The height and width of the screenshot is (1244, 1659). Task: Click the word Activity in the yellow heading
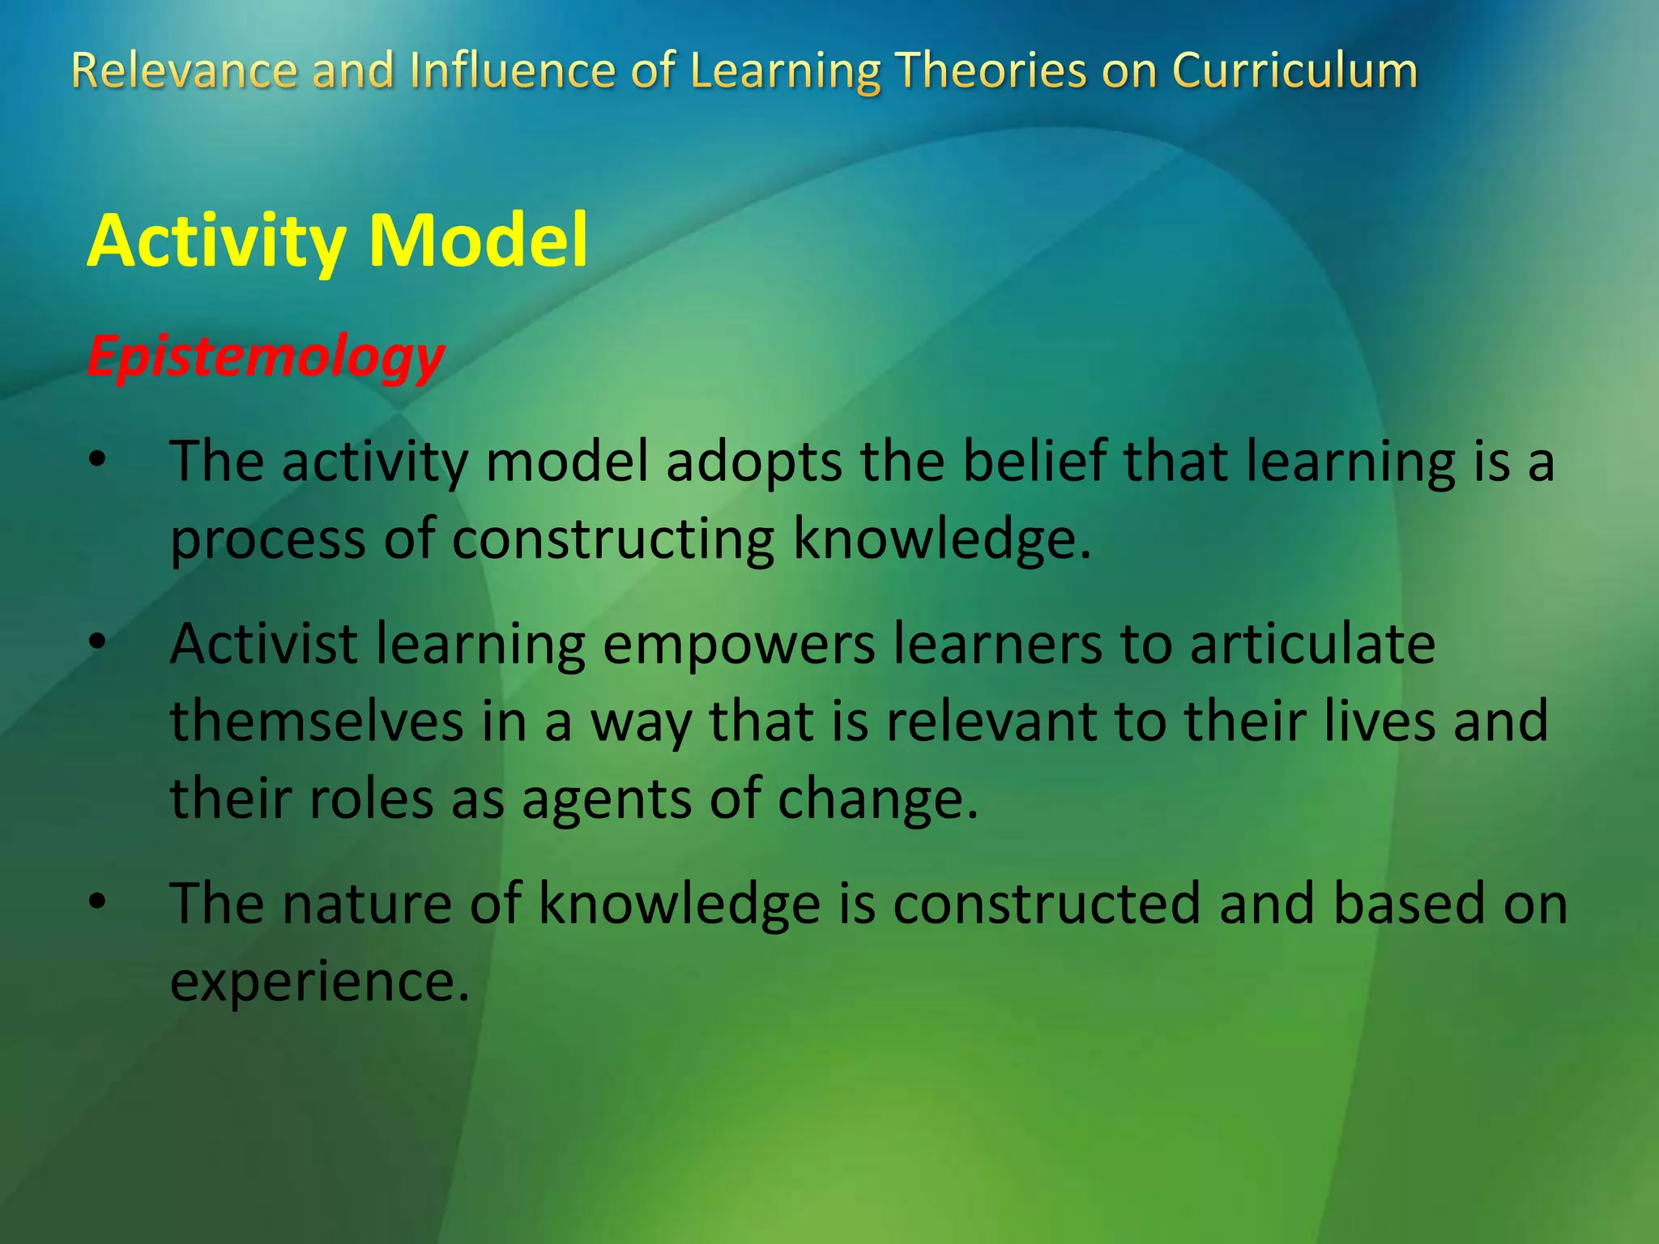[x=216, y=241]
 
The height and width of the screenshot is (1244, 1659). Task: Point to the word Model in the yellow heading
[x=478, y=241]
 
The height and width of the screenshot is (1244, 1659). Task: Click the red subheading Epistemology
[x=266, y=356]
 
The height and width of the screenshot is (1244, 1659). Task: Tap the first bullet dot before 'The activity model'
[x=98, y=460]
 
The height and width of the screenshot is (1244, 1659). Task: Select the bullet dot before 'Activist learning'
[x=98, y=642]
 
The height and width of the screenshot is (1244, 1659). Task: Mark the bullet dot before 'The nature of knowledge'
[x=98, y=901]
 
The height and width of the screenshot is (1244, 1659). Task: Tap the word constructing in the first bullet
[x=612, y=539]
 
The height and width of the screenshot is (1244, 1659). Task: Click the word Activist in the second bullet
[x=263, y=643]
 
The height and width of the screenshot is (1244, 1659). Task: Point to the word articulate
[x=1312, y=643]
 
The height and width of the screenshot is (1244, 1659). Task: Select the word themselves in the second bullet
[x=317, y=721]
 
